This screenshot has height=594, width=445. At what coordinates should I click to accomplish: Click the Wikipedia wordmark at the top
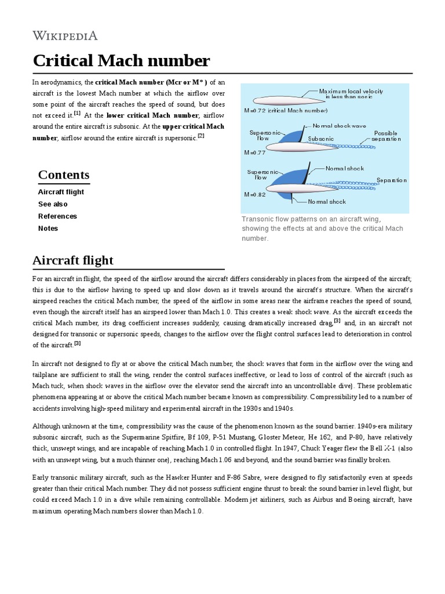pos(65,36)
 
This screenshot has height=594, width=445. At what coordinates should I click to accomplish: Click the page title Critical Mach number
pos(121,60)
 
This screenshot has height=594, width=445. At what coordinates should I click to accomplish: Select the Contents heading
pos(64,175)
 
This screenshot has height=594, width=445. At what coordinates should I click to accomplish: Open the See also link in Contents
pos(53,204)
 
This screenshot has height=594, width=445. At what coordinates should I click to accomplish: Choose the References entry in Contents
pos(57,216)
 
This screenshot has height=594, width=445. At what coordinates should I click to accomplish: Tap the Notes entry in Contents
pos(48,229)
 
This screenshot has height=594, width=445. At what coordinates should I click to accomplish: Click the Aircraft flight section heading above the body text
pos(73,259)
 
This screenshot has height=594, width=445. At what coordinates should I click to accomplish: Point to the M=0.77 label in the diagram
pos(255,153)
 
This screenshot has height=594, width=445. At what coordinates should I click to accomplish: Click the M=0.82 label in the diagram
pos(255,195)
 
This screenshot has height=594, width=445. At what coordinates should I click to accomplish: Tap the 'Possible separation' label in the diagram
pos(385,136)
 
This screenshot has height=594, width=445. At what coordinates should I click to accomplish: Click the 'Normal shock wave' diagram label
pos(339,125)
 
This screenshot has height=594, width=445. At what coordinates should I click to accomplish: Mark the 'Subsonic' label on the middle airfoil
pos(320,139)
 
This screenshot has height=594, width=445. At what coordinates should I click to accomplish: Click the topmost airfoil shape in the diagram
pos(281,100)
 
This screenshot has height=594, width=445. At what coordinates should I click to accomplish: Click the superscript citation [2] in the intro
pos(200,136)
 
